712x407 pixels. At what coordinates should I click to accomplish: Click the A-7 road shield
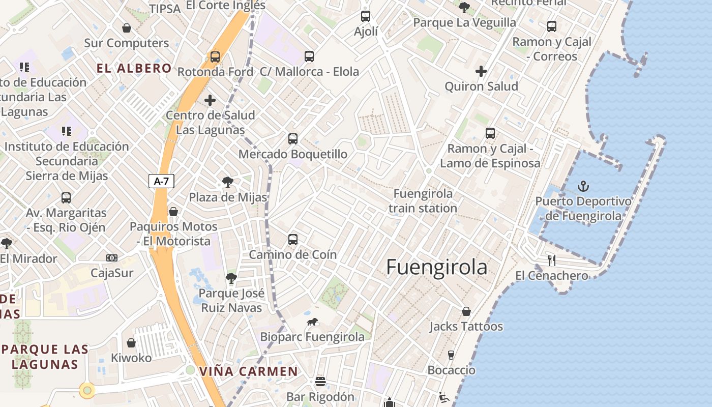click(161, 181)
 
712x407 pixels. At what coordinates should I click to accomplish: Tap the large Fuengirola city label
click(436, 267)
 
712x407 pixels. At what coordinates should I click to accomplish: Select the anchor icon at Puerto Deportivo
click(583, 186)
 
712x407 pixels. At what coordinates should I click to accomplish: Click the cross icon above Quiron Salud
click(481, 71)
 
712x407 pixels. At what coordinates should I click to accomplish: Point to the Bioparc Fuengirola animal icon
click(312, 322)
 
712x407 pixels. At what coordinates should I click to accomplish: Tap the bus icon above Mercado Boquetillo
click(293, 138)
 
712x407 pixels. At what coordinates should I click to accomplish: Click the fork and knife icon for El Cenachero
click(552, 260)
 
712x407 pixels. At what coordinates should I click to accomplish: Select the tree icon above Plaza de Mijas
click(228, 182)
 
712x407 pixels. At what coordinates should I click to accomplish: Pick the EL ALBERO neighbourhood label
click(134, 68)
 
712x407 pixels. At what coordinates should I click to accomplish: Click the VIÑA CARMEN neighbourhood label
click(248, 371)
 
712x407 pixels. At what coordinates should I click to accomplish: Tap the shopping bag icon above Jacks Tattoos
click(466, 311)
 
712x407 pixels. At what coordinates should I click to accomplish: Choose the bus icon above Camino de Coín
click(293, 239)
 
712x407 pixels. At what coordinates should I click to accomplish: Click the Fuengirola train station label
click(423, 201)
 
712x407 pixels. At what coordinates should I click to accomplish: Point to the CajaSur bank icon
click(112, 258)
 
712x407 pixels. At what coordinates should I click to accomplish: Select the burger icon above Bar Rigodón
click(320, 381)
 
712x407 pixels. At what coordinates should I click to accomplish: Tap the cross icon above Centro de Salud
click(210, 100)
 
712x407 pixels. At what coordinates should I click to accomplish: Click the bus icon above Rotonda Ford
click(215, 56)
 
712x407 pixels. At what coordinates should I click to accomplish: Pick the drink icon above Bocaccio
click(451, 355)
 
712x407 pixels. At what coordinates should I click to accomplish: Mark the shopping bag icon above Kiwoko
click(131, 343)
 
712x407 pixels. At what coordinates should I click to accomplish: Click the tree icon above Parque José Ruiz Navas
click(231, 278)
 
